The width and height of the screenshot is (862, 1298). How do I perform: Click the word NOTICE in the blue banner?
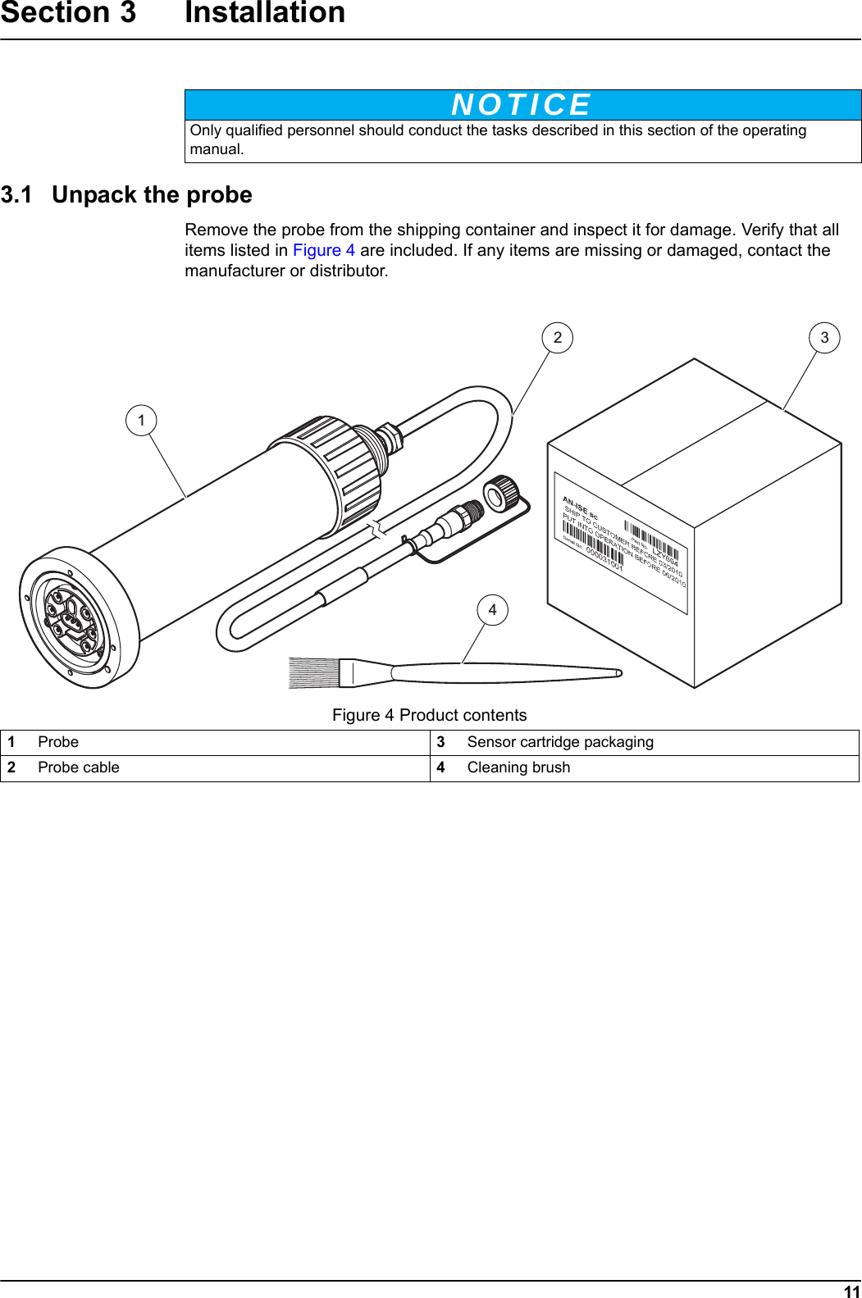[x=522, y=105]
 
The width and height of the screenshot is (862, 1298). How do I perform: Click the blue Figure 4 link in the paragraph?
[x=324, y=251]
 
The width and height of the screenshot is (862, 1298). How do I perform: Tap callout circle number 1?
[x=141, y=421]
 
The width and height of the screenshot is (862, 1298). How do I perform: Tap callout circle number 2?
[x=558, y=338]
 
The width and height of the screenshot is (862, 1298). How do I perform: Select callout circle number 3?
[x=824, y=338]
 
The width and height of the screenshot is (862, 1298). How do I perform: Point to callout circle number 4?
[x=492, y=610]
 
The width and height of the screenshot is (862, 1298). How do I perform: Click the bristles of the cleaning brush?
[x=314, y=672]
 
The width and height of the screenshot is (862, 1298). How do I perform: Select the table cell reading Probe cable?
[x=79, y=768]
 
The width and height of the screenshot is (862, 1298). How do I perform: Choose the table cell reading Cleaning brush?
[x=518, y=768]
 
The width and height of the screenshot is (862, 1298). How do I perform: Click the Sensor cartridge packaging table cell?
[x=560, y=743]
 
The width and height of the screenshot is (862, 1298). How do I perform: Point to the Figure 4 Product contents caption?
[x=429, y=716]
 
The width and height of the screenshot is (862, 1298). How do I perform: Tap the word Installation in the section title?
[x=265, y=13]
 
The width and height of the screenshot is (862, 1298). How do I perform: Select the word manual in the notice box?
[x=217, y=150]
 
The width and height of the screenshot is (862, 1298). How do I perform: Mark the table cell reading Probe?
[x=58, y=743]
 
